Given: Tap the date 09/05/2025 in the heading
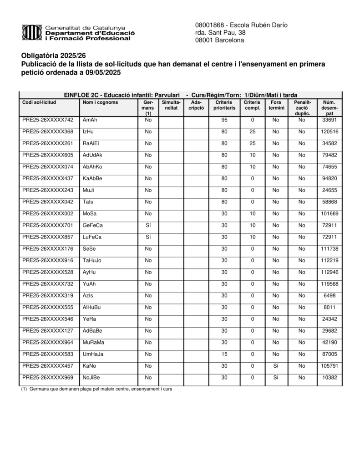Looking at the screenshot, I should [x=99, y=73].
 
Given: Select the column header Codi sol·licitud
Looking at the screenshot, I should [x=39, y=102].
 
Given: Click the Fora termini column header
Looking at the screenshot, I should [x=276, y=105].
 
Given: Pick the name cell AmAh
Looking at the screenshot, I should [x=90, y=120].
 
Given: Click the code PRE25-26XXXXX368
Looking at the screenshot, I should [x=48, y=132].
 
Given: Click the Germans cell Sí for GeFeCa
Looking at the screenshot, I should [x=148, y=225].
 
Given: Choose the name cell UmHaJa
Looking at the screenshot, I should [x=93, y=354].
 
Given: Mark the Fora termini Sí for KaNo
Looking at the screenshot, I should [x=276, y=365].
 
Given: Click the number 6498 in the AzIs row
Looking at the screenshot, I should [x=329, y=295].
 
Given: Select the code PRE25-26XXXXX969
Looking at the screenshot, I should [x=48, y=377].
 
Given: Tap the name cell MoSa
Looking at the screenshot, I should [x=90, y=213].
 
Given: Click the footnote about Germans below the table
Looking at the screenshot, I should [x=96, y=389].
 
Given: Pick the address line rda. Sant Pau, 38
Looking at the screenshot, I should [x=220, y=32].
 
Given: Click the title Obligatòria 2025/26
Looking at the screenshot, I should [x=53, y=56].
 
